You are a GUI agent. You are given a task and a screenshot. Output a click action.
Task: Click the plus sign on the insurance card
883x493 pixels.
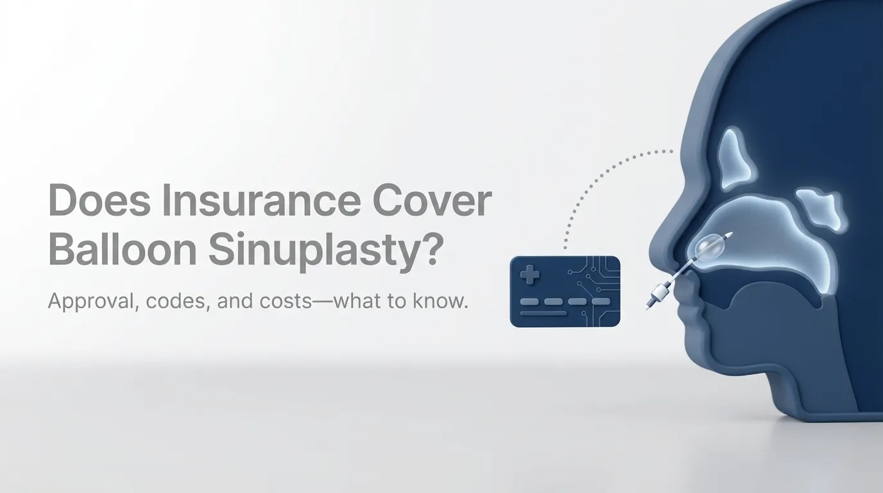530,277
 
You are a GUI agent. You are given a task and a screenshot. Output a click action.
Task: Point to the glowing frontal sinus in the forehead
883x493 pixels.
733,157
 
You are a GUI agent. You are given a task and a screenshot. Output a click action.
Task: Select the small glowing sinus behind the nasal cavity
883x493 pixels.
821,209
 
